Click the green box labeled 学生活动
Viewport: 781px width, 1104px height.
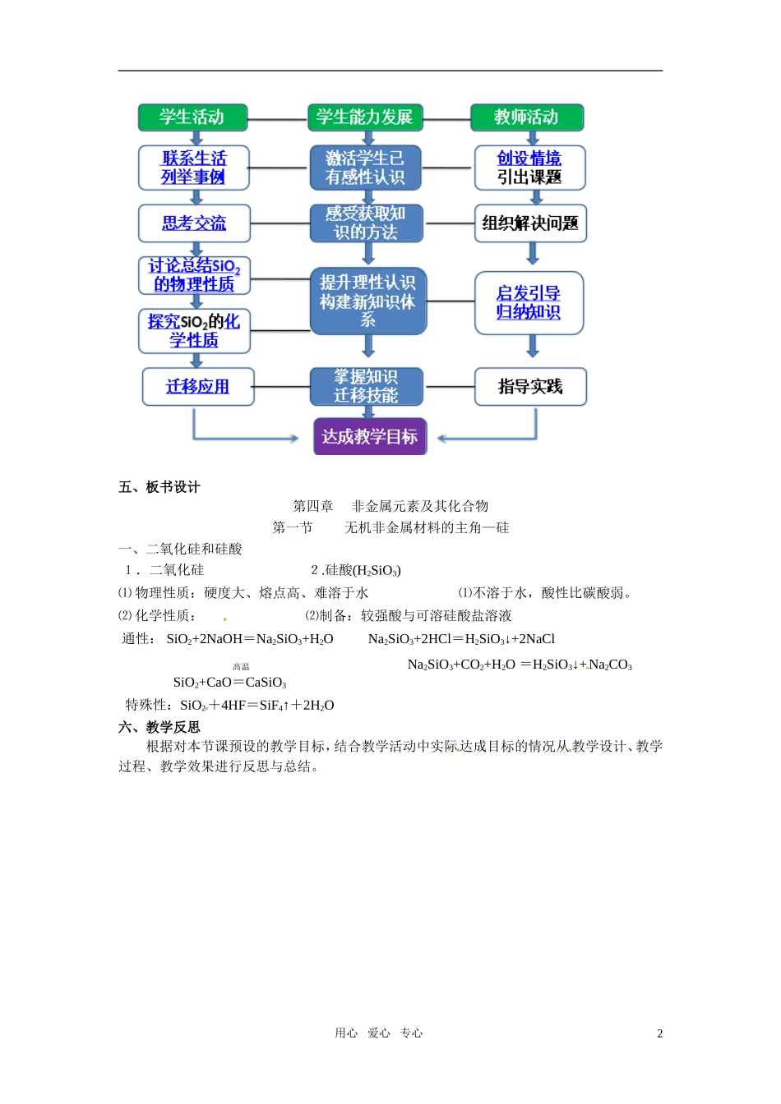coord(192,117)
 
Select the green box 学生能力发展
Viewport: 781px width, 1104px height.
coord(365,117)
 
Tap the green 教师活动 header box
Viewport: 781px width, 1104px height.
coord(526,117)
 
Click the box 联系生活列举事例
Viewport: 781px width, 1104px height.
coord(193,168)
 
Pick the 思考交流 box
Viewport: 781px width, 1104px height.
coord(194,223)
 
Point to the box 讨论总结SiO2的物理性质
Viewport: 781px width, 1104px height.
coord(194,275)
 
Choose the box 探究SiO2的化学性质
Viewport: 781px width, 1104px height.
coord(194,331)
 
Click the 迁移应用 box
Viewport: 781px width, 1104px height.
coord(197,387)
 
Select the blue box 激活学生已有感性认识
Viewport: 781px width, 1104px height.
coord(366,168)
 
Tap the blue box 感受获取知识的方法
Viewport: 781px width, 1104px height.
coord(366,223)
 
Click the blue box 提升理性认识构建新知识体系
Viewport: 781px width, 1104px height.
coord(367,301)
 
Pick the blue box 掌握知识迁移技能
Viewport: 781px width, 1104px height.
coord(366,387)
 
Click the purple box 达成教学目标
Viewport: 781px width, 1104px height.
coord(370,437)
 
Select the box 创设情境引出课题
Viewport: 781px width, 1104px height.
coord(529,168)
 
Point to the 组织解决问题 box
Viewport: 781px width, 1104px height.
coord(530,223)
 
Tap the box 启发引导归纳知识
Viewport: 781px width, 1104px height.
coord(529,303)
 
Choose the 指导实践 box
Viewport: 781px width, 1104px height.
coord(530,387)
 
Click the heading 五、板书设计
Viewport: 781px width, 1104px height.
coord(159,487)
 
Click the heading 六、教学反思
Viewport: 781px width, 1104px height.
coord(159,727)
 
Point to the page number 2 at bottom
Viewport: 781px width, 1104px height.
coord(659,1034)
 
